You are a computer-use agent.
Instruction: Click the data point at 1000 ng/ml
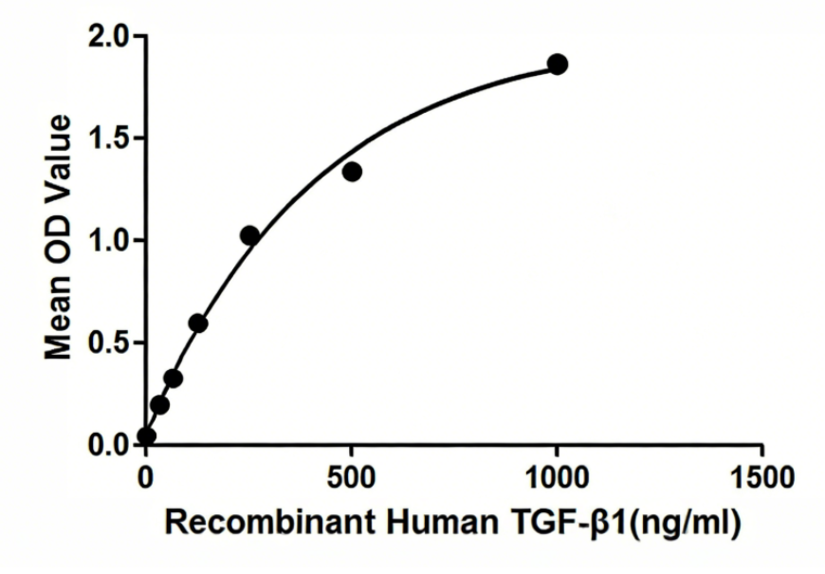click(558, 65)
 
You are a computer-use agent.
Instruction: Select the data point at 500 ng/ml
click(352, 172)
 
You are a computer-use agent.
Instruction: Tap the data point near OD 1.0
click(249, 235)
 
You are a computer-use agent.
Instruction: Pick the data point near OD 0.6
click(198, 324)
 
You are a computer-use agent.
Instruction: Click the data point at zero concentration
click(146, 436)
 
